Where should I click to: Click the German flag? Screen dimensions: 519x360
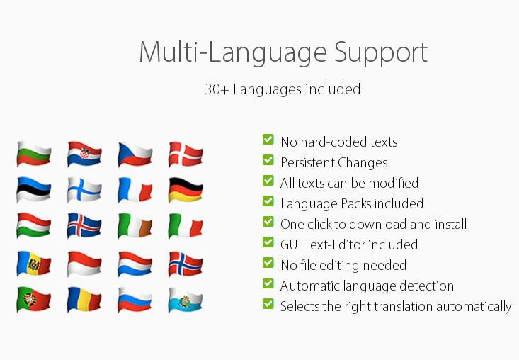(x=186, y=190)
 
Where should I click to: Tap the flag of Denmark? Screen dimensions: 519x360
(x=186, y=154)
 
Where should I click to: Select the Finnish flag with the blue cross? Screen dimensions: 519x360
(x=84, y=190)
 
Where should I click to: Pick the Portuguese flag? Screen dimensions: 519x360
(x=33, y=300)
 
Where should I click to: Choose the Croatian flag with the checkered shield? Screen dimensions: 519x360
(x=84, y=154)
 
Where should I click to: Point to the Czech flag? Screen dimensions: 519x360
(x=135, y=154)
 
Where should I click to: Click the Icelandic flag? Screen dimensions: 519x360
(x=84, y=226)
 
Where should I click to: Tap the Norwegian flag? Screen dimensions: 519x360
(x=186, y=264)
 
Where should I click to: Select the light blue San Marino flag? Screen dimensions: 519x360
(x=186, y=300)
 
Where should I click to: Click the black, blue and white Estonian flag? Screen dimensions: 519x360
(x=33, y=190)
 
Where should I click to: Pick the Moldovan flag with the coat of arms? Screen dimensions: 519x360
(x=33, y=264)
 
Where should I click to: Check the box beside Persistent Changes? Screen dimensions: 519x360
(x=268, y=160)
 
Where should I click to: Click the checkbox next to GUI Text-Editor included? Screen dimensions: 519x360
(x=268, y=242)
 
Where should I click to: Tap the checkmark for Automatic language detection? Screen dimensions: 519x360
(x=268, y=283)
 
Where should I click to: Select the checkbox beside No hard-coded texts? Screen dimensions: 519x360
(x=268, y=140)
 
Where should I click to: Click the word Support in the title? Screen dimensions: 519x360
(x=381, y=53)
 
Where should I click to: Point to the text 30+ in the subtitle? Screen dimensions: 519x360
(x=217, y=89)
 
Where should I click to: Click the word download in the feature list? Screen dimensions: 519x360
(x=378, y=224)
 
